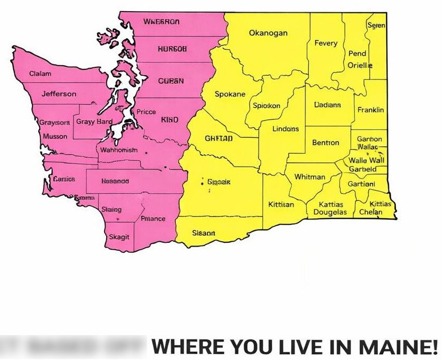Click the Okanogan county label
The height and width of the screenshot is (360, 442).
268,33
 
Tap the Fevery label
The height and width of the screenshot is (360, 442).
326,43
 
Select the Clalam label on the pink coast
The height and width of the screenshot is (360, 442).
40,74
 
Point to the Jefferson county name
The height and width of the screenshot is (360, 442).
59,94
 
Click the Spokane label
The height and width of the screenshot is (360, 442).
230,94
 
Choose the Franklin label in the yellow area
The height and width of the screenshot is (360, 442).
370,110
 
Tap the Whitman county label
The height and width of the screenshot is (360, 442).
309,177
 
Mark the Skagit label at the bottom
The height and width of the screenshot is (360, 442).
119,237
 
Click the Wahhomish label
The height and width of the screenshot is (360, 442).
119,150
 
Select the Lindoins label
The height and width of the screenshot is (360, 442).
285,129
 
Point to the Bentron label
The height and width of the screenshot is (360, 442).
325,143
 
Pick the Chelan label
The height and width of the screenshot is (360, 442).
370,212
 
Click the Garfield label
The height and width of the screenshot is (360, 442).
363,169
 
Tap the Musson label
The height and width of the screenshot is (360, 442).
55,136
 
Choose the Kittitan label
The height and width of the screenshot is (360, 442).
281,204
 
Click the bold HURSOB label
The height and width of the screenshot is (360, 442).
172,49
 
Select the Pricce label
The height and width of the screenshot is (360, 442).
146,112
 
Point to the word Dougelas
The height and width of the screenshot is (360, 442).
330,212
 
